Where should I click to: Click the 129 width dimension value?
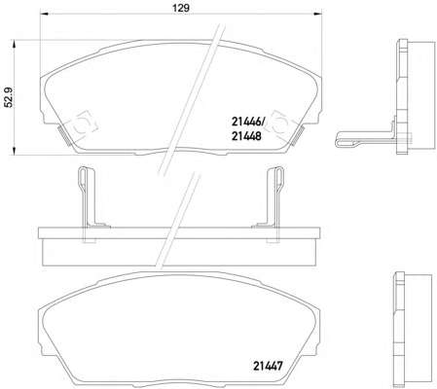(181, 8)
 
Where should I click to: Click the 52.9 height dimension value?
(8, 97)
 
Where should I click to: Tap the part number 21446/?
(248, 123)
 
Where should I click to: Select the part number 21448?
(246, 136)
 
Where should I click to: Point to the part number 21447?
(268, 367)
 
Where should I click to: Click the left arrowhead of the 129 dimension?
(44, 14)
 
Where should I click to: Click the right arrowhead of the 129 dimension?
(318, 14)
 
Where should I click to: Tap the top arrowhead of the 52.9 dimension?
(14, 44)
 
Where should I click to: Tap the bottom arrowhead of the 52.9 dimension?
(14, 151)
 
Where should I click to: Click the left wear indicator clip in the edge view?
(87, 197)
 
